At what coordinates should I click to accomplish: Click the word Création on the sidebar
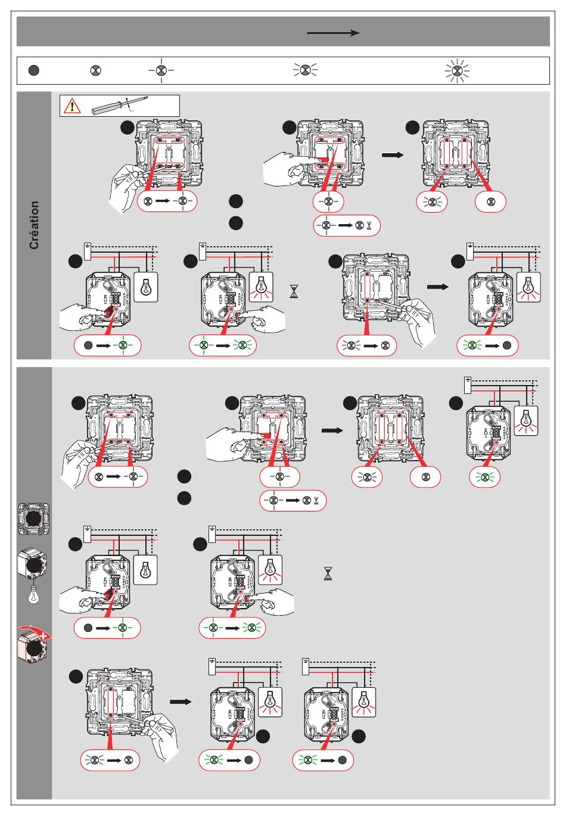[35, 225]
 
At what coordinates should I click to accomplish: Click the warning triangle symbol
[72, 106]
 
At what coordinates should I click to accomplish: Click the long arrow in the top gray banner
[333, 33]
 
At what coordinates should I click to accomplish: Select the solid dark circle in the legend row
[34, 70]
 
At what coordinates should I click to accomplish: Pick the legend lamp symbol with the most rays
[457, 71]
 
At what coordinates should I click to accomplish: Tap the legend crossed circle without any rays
[95, 70]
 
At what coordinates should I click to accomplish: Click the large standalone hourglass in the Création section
[294, 291]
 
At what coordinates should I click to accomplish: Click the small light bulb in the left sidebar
[34, 595]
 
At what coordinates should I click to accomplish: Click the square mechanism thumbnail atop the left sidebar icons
[34, 518]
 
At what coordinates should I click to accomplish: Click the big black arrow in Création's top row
[392, 155]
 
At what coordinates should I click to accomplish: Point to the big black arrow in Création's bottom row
[438, 287]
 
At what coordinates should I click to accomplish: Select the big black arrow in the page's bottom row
[181, 702]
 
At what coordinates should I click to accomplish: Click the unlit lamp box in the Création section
[146, 287]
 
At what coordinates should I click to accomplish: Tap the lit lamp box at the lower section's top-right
[525, 421]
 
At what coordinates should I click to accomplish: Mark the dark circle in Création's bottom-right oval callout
[506, 345]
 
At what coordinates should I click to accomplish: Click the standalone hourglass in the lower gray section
[328, 573]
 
